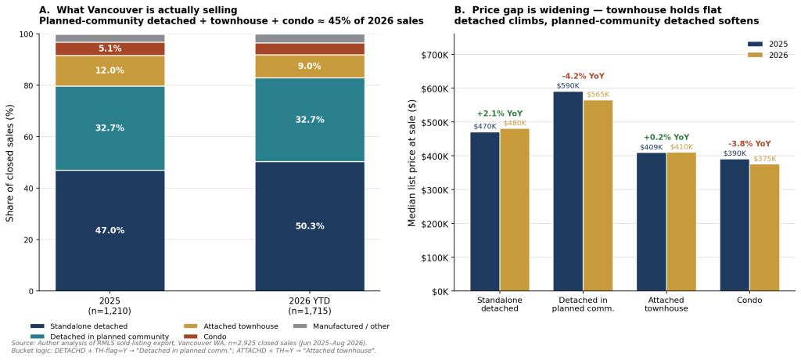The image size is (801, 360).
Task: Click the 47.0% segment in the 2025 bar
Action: [x=110, y=231]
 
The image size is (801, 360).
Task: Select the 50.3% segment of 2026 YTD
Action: [x=310, y=226]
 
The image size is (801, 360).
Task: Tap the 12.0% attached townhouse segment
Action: [x=110, y=70]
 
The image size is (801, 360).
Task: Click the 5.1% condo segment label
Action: [x=110, y=49]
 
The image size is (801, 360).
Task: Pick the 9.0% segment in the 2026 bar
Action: [x=310, y=67]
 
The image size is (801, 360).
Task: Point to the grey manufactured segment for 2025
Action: [x=110, y=38]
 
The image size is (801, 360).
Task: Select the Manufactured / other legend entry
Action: [x=341, y=326]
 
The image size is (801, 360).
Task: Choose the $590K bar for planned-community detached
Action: [x=568, y=191]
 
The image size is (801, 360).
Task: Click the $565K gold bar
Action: [x=598, y=196]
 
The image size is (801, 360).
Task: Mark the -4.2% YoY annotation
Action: [x=583, y=76]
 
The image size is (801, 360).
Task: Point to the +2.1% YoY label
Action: [x=500, y=113]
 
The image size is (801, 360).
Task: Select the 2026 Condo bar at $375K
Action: [x=765, y=228]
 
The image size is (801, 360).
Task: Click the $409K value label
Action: [x=652, y=147]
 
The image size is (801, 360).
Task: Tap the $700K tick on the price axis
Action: [x=434, y=55]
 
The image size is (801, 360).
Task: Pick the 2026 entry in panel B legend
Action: [x=767, y=56]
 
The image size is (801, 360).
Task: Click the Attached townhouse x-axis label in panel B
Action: [x=666, y=304]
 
